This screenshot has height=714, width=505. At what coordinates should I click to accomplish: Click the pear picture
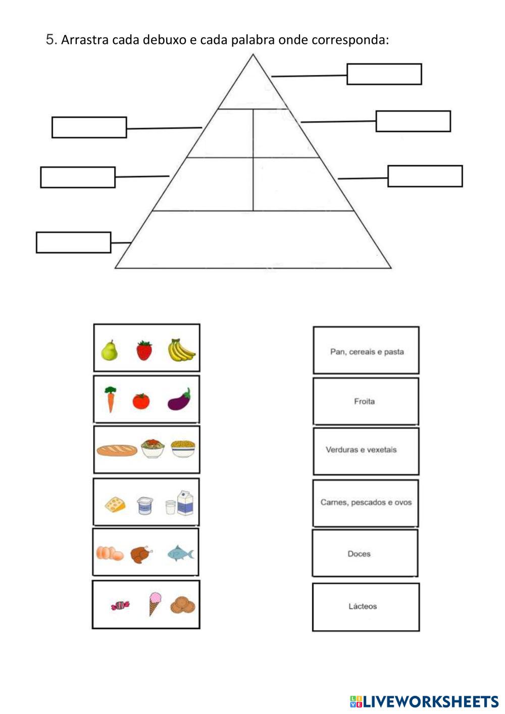pos(109,350)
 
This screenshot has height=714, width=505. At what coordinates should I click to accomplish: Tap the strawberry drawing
pos(144,350)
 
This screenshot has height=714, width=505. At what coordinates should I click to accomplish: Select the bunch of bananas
pos(181,350)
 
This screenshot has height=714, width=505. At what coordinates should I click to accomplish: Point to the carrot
pos(110,399)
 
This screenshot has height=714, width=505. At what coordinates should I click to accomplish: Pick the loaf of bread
pos(117,450)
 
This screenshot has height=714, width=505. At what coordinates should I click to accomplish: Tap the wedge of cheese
pos(115,504)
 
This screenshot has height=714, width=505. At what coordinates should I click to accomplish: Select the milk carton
pos(185,502)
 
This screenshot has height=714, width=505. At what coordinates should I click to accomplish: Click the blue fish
pos(180,553)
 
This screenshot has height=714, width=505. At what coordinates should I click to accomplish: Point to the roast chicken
pos(141,554)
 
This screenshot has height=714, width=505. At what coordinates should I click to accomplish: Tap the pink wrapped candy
pos(120,604)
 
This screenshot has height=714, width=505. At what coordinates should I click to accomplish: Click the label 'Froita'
pos(364,401)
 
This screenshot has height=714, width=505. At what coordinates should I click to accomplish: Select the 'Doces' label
pos(359,554)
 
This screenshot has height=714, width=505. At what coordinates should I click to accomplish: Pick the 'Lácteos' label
pos(363,606)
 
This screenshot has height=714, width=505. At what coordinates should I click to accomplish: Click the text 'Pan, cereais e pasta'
pos(367,352)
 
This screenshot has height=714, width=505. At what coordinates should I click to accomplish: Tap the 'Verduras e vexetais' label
pos(361,450)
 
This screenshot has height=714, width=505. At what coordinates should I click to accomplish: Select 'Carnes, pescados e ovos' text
pos(366,502)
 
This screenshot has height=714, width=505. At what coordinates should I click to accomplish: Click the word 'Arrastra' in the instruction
pos(85,40)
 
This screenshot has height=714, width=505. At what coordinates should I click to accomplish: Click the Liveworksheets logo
pos(424,701)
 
